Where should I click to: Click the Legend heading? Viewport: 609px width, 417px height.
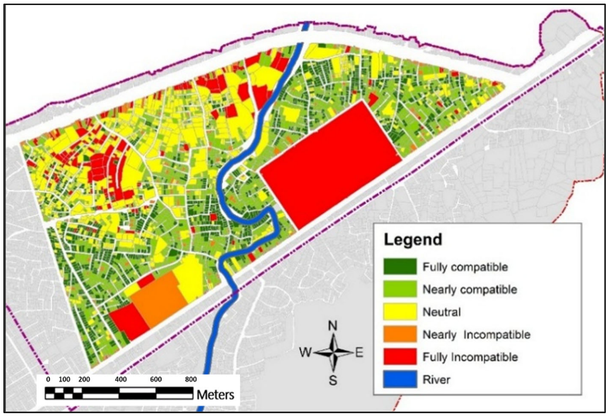(x=413, y=240)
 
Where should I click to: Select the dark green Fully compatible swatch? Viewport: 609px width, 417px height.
(x=400, y=266)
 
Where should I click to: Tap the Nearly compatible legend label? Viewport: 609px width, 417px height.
(x=470, y=290)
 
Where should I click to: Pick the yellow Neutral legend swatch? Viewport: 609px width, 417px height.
(x=400, y=312)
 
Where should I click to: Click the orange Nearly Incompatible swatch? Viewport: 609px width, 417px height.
(x=400, y=334)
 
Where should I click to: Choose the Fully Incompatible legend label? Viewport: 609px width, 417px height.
(x=470, y=357)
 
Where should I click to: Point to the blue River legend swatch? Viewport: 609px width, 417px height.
(x=400, y=379)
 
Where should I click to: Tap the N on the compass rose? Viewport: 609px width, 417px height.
(x=333, y=326)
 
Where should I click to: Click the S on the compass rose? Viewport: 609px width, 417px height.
(x=333, y=380)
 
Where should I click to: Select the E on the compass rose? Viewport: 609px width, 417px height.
(x=359, y=353)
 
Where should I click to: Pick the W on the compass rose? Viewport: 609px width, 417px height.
(x=305, y=352)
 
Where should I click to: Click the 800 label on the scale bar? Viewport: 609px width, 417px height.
(x=191, y=379)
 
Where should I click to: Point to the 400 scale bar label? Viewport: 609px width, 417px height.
(x=121, y=379)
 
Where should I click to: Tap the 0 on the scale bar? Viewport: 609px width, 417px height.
(x=48, y=379)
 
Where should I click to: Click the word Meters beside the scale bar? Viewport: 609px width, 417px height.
(x=215, y=395)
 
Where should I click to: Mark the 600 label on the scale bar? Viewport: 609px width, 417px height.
(x=156, y=379)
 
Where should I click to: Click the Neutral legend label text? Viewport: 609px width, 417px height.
(x=442, y=312)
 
